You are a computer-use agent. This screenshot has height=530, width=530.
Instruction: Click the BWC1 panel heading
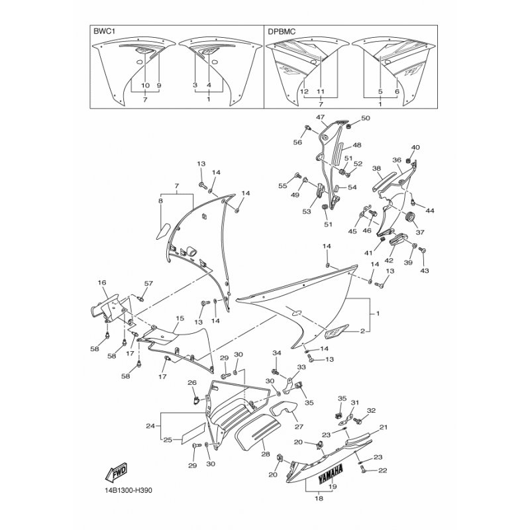pos(101,31)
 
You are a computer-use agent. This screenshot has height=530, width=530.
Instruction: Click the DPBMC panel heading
pos(282,31)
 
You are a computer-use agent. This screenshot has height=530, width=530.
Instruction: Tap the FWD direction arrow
pos(116,472)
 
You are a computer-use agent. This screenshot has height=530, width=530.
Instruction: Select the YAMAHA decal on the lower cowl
pos(330,472)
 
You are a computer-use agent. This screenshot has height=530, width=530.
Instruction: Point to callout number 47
pos(320,117)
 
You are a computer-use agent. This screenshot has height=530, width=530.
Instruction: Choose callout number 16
pos(102,283)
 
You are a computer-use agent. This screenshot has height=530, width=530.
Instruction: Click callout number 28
pos(266,454)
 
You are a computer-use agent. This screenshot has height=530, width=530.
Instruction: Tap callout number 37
pos(420,233)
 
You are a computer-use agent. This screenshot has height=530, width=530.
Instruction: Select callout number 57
pos(148,284)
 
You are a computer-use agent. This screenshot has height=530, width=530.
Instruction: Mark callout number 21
pos(384,427)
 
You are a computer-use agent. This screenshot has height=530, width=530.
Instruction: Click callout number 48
pos(357,145)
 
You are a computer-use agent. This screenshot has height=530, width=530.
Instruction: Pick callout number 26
pos(192,383)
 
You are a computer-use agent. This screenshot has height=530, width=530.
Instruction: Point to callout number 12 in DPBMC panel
pos(304,91)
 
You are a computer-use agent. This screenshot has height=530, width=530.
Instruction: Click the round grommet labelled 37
pos(410,217)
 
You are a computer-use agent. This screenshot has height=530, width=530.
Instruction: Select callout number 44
pos(429,211)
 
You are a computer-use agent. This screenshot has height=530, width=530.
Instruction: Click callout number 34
pos(277,353)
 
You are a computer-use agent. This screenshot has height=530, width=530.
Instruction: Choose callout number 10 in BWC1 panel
pos(145,85)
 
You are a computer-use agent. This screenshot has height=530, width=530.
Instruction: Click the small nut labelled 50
pos(350,126)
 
